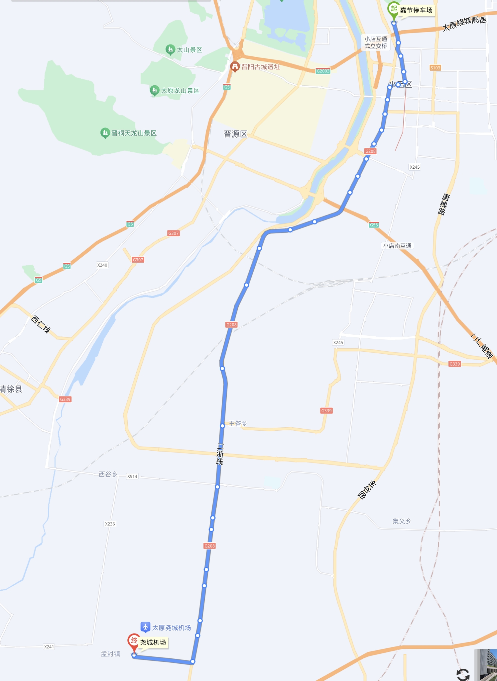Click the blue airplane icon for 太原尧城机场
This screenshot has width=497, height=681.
pos(145,627)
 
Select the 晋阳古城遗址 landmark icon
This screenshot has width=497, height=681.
pos(235,66)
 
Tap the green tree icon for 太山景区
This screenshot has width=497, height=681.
pos(170,50)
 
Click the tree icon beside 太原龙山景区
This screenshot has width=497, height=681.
pos(154,90)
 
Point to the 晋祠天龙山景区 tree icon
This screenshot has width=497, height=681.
pos(105,133)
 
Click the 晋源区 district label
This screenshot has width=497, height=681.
pos(235,134)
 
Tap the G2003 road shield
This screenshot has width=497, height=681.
pos(323,71)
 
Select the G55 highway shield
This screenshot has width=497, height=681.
pos(374,225)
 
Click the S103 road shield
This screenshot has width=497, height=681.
pos(435,68)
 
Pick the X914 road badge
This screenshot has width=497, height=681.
pos(132,476)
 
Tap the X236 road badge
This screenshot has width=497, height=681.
pos(110,524)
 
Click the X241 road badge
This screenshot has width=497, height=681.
pos(49,647)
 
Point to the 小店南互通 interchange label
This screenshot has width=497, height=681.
pos(397,246)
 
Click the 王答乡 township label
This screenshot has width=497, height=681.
pos(238,424)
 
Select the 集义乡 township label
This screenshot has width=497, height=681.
pos(401,521)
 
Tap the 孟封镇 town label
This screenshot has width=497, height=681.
pos(110,654)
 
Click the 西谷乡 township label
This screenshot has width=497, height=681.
pos(108,474)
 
